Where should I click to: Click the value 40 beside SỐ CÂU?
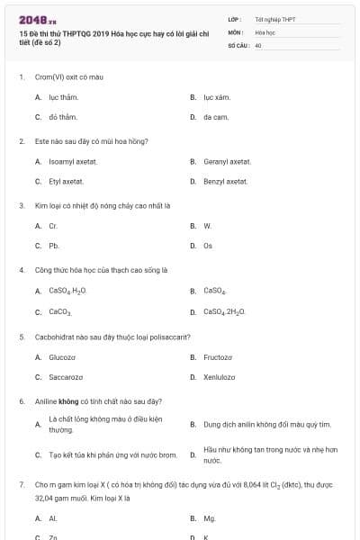(x=258, y=44)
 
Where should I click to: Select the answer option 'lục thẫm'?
(x=64, y=96)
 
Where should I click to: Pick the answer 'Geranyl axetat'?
(x=227, y=161)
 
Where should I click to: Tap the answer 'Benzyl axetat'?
(x=225, y=182)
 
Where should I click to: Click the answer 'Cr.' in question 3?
(x=53, y=226)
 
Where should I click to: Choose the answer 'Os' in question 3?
(x=208, y=246)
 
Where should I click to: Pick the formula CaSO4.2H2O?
(x=224, y=311)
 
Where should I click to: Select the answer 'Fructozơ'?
(x=220, y=356)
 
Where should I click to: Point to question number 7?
(x=21, y=484)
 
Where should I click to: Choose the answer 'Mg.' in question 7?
(x=210, y=518)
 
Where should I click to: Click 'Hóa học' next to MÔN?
(x=265, y=31)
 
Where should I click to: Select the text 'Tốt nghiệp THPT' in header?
(x=274, y=19)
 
